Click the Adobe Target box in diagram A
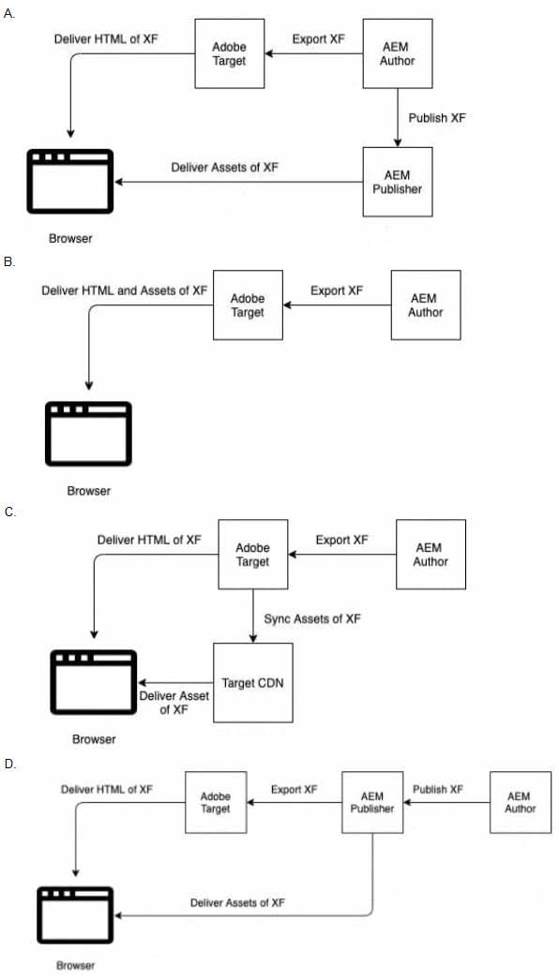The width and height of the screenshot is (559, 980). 229,53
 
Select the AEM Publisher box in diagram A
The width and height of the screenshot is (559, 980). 398,182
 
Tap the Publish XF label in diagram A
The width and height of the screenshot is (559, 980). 437,117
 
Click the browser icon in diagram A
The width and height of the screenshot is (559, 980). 70,182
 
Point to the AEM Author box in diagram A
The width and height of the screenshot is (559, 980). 398,53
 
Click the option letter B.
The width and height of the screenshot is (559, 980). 8,262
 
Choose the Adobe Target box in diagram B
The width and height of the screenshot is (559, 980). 248,305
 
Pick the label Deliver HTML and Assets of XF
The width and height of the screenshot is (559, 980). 125,290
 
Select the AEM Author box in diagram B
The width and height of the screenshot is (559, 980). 427,305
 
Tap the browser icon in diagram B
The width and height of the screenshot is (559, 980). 88,434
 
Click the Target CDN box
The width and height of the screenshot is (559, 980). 253,682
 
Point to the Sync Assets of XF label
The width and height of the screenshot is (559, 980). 312,618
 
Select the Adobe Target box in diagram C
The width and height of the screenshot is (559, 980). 253,555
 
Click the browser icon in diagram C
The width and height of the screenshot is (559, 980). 94,682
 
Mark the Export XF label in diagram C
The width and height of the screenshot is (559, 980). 341,540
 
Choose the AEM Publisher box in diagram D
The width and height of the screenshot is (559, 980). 372,803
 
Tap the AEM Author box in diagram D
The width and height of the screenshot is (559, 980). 521,803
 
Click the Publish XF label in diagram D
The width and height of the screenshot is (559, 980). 438,790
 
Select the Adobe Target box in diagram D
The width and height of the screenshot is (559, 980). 216,803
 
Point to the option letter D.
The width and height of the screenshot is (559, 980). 8,764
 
